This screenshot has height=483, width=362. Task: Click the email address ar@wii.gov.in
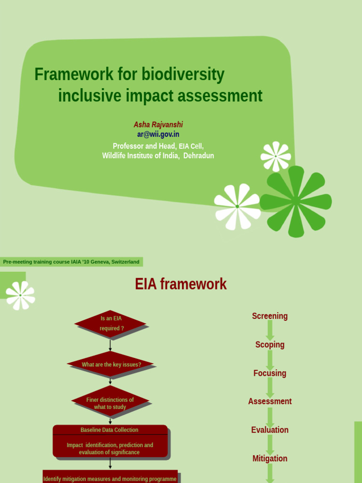tap(158, 134)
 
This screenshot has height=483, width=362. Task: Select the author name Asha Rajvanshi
tap(158, 125)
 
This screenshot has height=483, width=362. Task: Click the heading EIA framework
tap(181, 284)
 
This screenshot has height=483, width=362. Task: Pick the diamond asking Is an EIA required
tap(111, 324)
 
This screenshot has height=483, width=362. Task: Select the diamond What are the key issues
tap(111, 365)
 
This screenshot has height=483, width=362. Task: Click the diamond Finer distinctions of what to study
tap(110, 403)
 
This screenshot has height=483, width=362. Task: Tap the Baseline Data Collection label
tap(109, 430)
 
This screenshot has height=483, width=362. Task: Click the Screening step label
tap(270, 316)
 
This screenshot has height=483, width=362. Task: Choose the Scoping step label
tap(270, 345)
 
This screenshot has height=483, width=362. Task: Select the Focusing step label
tap(270, 373)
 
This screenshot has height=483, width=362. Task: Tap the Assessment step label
tap(270, 401)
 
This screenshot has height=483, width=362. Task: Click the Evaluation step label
tap(270, 430)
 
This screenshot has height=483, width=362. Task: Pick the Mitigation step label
tap(270, 458)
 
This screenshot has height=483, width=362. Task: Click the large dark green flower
tap(296, 201)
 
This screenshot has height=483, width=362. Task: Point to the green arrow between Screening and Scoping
tap(270, 330)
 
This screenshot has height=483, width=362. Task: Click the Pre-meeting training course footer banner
tap(71, 262)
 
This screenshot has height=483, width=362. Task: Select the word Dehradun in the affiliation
tap(198, 156)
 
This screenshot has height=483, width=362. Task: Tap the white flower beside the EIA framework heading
tap(20, 295)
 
